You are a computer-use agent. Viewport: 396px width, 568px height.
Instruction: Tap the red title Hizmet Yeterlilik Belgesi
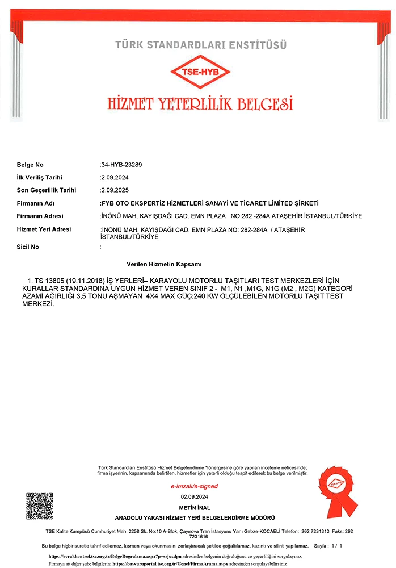pyautogui.click(x=200, y=104)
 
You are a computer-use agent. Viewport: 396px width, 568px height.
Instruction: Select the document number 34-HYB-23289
pyautogui.click(x=121, y=165)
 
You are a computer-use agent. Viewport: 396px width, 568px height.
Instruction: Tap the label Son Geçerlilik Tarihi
pyautogui.click(x=47, y=190)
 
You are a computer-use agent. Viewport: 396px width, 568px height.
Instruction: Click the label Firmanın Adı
pyautogui.click(x=36, y=203)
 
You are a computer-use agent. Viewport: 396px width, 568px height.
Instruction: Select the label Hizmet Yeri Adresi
pyautogui.click(x=44, y=229)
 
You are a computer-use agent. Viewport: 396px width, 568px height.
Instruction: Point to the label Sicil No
pyautogui.click(x=28, y=247)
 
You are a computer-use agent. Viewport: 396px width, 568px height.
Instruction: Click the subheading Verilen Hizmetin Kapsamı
pyautogui.click(x=165, y=265)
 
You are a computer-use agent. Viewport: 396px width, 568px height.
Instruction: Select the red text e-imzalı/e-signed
pyautogui.click(x=195, y=486)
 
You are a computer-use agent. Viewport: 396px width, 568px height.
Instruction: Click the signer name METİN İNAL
pyautogui.click(x=195, y=507)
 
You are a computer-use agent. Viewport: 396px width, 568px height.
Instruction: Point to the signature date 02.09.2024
pyautogui.click(x=195, y=497)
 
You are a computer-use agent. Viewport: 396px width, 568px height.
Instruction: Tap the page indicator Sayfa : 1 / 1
pyautogui.click(x=328, y=546)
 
